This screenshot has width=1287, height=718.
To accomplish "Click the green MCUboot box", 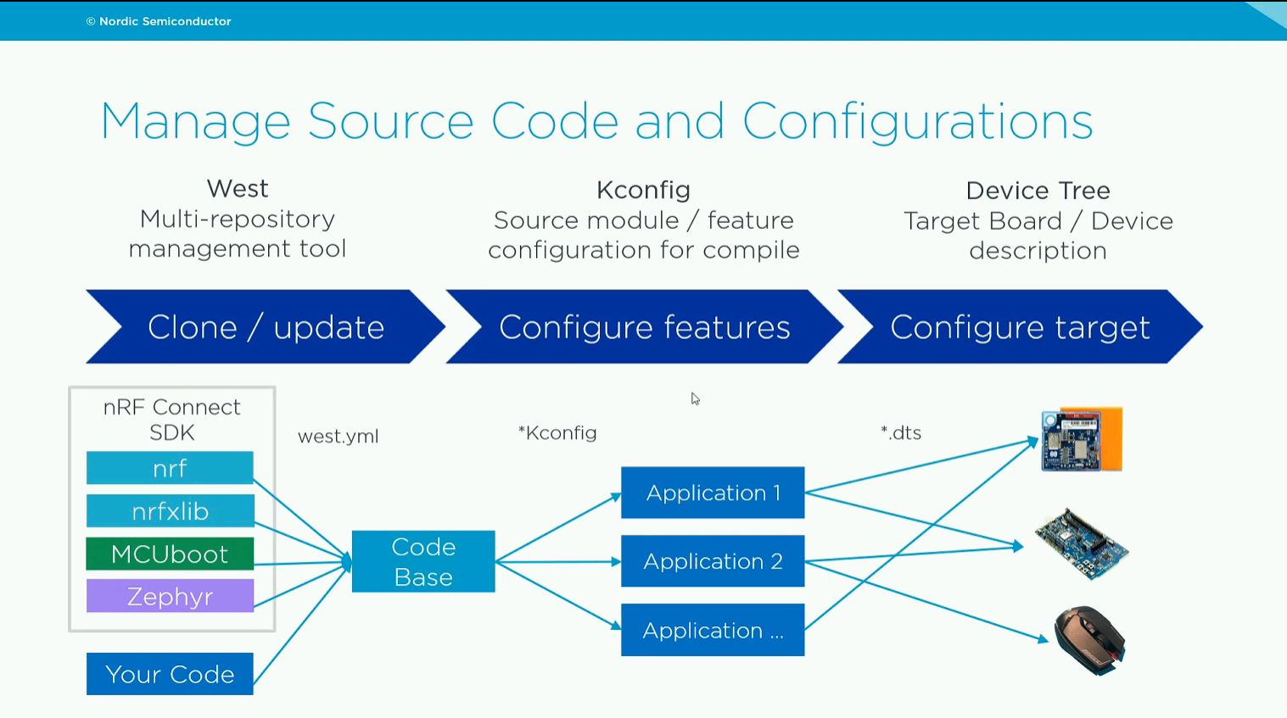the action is point(170,554).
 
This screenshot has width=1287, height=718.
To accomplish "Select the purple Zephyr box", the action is point(170,596).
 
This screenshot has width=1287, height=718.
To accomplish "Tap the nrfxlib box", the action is point(170,511).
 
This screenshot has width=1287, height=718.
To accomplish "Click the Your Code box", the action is point(170,674).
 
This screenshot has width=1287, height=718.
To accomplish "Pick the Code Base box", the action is point(423,561).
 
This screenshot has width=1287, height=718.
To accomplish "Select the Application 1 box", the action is point(713,493).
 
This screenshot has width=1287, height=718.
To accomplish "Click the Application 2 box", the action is point(713,560).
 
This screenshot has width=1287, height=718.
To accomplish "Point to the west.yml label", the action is point(339,437).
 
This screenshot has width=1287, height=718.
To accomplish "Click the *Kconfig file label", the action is point(557,433).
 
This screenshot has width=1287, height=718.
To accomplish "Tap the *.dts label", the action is point(901,433).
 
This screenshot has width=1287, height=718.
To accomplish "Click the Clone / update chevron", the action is point(266,326).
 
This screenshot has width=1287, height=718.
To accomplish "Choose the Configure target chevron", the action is point(1020,326).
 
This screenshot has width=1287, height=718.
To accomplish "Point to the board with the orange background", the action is point(1082,439).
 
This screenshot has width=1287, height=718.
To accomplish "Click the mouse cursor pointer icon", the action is point(695,399).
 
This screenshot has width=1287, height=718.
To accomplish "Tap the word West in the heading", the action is point(238,188).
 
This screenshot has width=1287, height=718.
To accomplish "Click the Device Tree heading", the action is point(1038,191).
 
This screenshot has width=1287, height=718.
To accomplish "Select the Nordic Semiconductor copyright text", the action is point(159,21).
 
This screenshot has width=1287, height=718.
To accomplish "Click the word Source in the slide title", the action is point(391,121).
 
